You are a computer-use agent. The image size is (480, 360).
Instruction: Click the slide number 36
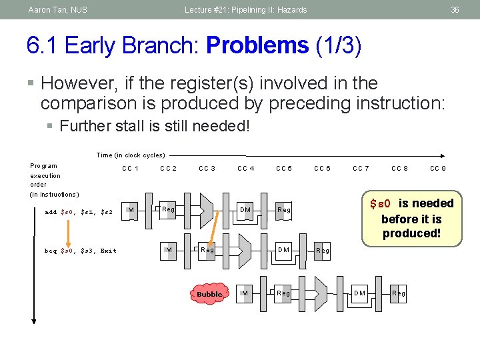coord(455,10)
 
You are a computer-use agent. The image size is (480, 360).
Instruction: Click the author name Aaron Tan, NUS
coord(57,10)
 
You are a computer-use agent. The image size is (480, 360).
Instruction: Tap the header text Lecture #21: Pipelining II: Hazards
coord(246,10)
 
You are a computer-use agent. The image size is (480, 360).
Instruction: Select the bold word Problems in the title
coord(257,45)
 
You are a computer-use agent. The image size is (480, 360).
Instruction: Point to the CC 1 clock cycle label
coord(130,169)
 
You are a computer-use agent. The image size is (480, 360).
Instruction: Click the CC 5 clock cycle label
coord(284,169)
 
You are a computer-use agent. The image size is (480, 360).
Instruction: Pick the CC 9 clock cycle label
coord(438,169)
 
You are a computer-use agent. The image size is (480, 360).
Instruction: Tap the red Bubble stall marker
coord(209,294)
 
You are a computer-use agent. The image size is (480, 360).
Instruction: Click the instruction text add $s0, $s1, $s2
coord(79,213)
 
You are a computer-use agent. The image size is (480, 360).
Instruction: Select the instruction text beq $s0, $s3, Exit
coord(80,251)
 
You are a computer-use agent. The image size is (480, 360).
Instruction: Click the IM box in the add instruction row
coord(131,210)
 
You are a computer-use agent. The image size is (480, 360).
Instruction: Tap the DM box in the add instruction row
coord(245,210)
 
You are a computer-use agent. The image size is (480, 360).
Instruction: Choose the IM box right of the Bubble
coord(244,293)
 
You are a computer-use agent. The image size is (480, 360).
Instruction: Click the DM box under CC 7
coord(359,293)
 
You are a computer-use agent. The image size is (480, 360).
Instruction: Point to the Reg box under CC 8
coord(399,293)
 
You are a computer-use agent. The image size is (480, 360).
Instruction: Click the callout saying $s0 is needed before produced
coord(411,218)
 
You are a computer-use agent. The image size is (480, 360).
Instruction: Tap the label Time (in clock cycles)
coord(131,155)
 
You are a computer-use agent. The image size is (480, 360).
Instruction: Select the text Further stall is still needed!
coord(154,126)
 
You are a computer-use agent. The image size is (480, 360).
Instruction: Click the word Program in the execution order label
coord(44,166)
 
